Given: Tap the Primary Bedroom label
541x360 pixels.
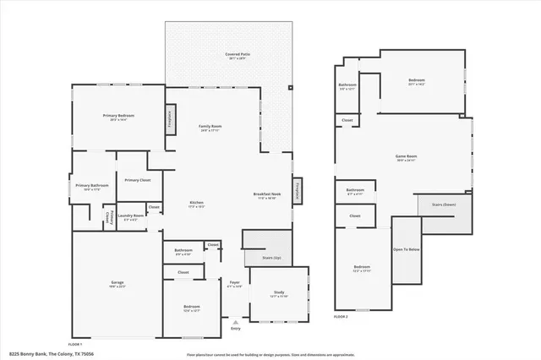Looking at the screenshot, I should pyautogui.click(x=118, y=117).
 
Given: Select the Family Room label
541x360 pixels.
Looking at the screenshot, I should pyautogui.click(x=209, y=128).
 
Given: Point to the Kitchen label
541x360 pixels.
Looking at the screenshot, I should pyautogui.click(x=196, y=204).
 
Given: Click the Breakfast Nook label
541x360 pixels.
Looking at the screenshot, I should pyautogui.click(x=266, y=195).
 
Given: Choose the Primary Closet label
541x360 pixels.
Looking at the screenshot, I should pyautogui.click(x=137, y=180).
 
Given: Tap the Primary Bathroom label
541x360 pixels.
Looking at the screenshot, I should pyautogui.click(x=92, y=187).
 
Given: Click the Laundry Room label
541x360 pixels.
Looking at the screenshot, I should pyautogui.click(x=131, y=216).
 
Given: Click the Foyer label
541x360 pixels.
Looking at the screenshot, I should pyautogui.click(x=235, y=284).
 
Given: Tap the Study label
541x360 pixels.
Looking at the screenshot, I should pyautogui.click(x=278, y=294).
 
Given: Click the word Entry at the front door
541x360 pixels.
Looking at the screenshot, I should pyautogui.click(x=235, y=327).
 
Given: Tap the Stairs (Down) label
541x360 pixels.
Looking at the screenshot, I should pyautogui.click(x=444, y=205).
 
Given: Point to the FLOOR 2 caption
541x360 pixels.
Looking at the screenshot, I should pyautogui.click(x=341, y=315).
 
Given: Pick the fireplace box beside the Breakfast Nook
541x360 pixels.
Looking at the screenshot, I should pyautogui.click(x=298, y=191).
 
